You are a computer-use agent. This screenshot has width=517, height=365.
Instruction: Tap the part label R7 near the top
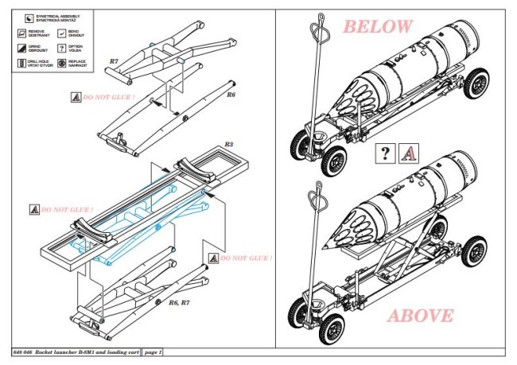click(114, 60)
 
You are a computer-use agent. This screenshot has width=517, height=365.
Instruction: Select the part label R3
click(227, 145)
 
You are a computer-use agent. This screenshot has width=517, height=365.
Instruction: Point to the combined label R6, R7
click(178, 303)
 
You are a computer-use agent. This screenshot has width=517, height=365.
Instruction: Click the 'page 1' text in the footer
click(150, 351)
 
